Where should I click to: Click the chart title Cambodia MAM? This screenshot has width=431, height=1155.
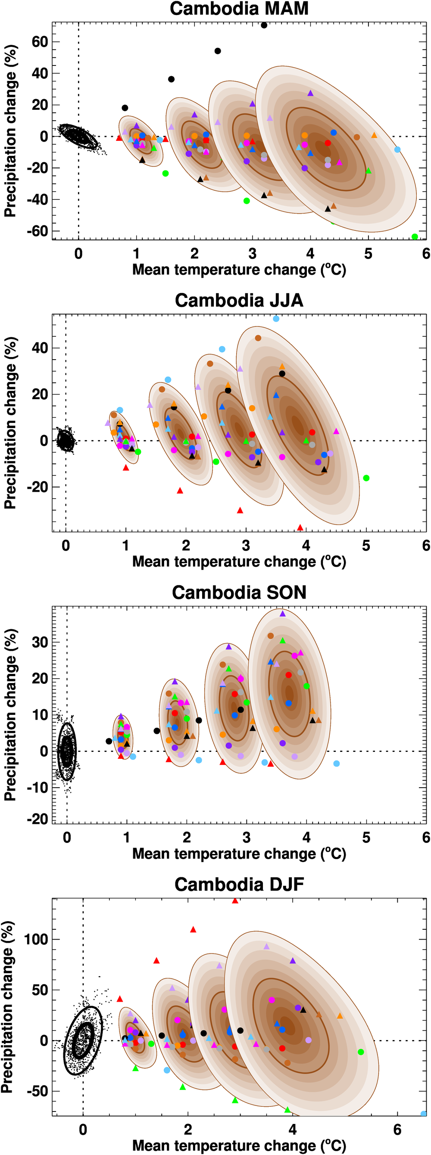239,9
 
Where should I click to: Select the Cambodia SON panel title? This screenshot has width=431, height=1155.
239,592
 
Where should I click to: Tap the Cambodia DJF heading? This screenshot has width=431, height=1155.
239,885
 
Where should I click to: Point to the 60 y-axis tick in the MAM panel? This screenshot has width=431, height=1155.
40,42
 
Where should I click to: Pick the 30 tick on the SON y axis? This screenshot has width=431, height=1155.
40,643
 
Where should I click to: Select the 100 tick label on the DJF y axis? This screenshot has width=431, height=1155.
36,939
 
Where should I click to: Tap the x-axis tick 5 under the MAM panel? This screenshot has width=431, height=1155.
368,254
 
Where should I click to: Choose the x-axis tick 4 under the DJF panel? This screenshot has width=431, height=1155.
293,1130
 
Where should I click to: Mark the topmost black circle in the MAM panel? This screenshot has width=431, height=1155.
264,25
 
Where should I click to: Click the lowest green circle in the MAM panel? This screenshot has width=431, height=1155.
415,237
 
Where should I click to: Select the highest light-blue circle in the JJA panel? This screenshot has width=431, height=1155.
276,319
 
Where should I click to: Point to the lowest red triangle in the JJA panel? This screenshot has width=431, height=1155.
300,528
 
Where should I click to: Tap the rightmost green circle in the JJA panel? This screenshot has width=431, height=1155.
366,478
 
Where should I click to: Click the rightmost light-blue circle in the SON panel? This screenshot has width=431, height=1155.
337,764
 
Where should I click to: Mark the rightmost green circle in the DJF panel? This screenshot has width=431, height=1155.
361,1052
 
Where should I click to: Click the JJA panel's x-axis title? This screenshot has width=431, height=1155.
239,562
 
